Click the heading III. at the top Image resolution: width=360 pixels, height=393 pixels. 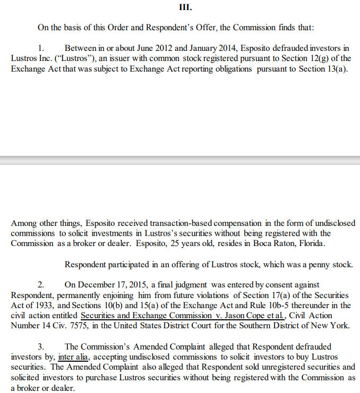[x=185, y=8]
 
